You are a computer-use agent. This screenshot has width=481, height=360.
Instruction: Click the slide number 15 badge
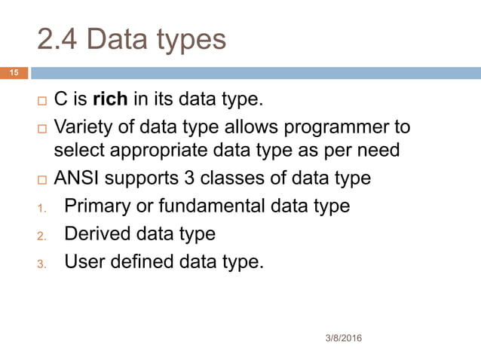13,73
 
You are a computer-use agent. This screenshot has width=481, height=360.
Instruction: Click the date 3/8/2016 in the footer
339,338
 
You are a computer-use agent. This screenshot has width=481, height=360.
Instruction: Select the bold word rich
109,100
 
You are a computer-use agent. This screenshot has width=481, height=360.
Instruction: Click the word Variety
82,126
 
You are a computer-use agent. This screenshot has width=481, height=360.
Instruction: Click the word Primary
95,206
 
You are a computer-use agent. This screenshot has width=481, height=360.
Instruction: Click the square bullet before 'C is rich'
42,101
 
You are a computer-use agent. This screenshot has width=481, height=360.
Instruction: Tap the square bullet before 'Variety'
42,127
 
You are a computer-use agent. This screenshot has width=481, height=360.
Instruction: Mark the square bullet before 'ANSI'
42,179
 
